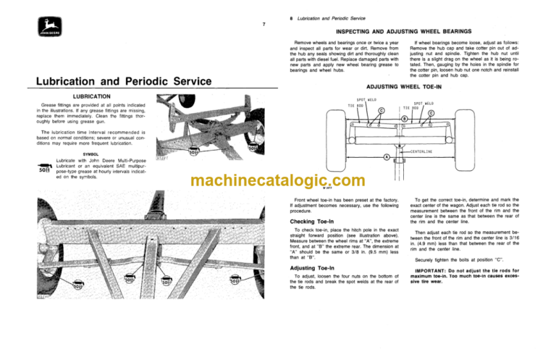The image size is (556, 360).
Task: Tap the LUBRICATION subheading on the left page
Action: [80, 96]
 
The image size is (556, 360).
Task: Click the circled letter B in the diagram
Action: [404, 117]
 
